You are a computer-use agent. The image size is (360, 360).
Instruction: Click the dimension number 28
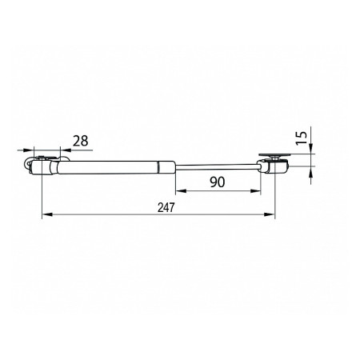coord(81,141)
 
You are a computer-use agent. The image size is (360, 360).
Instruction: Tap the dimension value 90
coord(218,182)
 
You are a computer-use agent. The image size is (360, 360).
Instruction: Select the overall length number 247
coord(166,207)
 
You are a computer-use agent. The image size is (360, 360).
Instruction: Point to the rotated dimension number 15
coord(302,138)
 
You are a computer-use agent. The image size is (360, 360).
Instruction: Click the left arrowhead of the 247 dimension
coord(47,214)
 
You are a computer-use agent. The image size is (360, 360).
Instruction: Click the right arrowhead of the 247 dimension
coord(270,214)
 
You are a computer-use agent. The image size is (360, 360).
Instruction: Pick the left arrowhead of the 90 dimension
coord(181,190)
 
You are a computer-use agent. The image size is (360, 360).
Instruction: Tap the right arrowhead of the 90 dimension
coord(255,190)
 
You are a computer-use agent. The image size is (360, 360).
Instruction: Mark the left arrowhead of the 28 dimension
coord(29,150)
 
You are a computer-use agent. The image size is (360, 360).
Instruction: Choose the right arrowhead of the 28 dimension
coord(66,150)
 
